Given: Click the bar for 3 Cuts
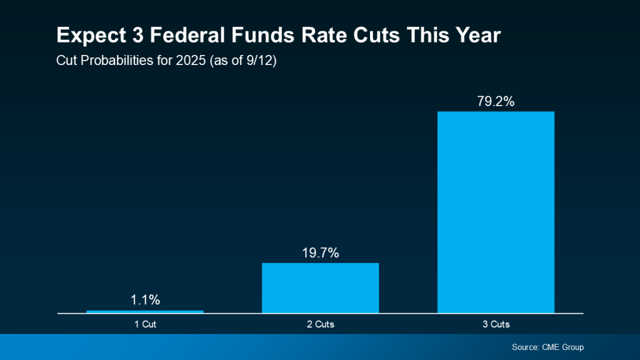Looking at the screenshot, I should click(496, 212).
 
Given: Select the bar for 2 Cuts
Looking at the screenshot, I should click(320, 287).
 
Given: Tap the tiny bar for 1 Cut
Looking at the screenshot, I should click(145, 311).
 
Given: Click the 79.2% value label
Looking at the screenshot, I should click(496, 101).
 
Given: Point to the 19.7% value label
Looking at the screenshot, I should click(320, 252).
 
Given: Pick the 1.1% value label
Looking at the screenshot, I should click(145, 300).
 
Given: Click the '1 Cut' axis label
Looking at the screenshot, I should click(145, 324).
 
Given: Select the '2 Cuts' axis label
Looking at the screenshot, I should click(320, 324).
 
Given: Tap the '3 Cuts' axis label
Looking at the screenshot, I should click(496, 324).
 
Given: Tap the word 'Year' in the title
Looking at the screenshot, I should click(476, 36).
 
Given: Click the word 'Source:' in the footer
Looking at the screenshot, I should click(526, 347).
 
